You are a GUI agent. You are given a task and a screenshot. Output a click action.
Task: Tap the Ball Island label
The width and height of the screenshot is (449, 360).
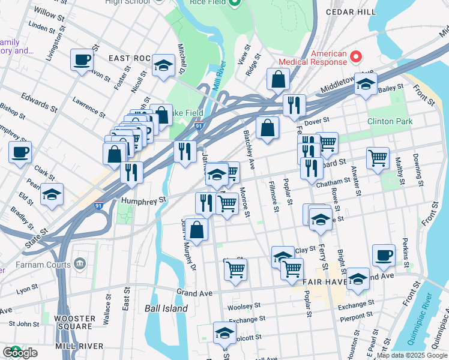(166, 308)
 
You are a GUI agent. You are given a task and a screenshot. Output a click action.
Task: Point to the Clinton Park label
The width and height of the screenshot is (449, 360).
(390, 121)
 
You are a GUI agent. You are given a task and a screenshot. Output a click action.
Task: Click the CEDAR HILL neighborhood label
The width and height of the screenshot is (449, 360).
(351, 11)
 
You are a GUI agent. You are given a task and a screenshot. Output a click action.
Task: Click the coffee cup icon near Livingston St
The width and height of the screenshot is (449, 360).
(82, 60)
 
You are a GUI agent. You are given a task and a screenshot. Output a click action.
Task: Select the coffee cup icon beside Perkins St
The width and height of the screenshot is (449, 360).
(384, 256)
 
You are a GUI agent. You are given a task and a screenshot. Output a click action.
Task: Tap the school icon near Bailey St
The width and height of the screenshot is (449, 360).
(365, 85)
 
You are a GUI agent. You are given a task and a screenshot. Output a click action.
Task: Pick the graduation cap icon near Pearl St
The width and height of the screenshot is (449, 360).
(52, 194)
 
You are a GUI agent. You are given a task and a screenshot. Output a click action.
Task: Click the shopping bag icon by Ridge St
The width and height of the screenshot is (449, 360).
(278, 79)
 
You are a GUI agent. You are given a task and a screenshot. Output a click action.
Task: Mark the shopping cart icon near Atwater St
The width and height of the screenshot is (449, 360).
(378, 159)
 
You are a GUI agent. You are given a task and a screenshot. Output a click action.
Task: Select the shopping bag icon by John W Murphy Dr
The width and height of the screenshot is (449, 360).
(196, 229)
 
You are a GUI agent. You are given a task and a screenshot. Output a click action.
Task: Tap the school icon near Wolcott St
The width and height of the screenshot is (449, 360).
(224, 333)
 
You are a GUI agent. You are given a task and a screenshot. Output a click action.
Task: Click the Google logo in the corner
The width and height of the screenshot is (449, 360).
(20, 353)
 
